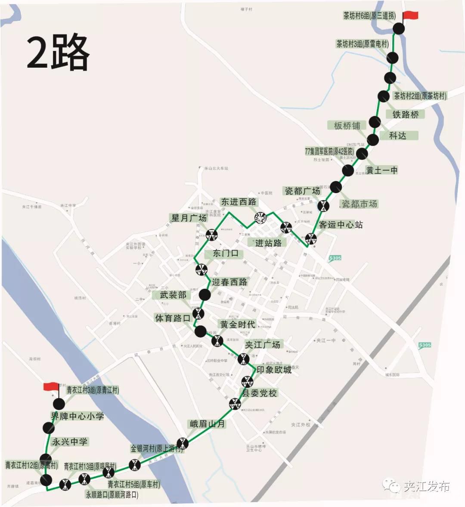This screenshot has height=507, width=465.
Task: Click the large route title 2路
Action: pos(58,53)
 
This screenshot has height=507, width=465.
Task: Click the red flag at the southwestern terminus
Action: pos(51,386)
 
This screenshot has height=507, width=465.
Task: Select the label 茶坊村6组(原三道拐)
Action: pos(369,16)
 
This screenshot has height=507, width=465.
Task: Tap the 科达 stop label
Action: pos(397,135)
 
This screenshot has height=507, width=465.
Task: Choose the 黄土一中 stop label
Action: pos(381,170)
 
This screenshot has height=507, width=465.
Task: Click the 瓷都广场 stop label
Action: pos(302,191)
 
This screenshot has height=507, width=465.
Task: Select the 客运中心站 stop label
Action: pos(341,225)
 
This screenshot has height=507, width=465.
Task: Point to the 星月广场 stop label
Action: pos(189,218)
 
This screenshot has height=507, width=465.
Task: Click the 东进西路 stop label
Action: pos(239,202)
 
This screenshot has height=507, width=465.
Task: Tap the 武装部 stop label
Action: pos(173,295)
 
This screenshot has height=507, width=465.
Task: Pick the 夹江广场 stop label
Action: pos(263,344)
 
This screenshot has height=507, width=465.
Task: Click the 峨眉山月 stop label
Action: pos(207,424)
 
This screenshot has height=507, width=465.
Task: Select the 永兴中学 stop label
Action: pos(69,442)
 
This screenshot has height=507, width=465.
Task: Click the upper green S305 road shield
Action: pos(335,258)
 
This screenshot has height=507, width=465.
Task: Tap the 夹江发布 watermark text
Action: pos(426,486)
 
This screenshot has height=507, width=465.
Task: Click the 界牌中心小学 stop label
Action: pos(77,416)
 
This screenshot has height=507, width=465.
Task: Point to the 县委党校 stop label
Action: pos(259,393)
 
